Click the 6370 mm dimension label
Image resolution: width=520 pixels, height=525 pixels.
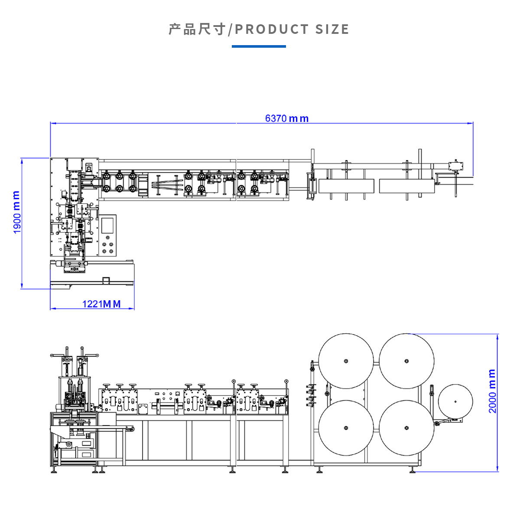pos(287,118)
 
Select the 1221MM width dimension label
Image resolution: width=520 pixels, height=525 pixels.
pos(101,304)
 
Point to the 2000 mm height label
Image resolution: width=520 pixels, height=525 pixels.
pos(492,391)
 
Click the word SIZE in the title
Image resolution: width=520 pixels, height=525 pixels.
pos(332,30)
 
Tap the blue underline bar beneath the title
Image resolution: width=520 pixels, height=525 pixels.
pos(259,46)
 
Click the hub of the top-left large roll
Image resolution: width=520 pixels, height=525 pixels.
pos(346,361)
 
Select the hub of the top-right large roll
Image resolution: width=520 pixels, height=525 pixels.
pos(406,361)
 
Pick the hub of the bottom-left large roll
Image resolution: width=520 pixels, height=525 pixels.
pos(346,428)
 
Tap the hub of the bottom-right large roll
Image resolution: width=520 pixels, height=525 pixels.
pos(406,428)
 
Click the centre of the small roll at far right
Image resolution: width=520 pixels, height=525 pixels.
pos(455,401)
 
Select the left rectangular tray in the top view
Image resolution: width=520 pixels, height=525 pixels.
pos(346,186)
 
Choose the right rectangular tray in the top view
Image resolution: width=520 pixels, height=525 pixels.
pos(406,186)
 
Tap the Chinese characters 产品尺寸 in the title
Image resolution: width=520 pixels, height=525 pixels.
pos(197,30)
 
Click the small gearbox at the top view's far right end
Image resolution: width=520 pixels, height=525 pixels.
pos(456,166)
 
